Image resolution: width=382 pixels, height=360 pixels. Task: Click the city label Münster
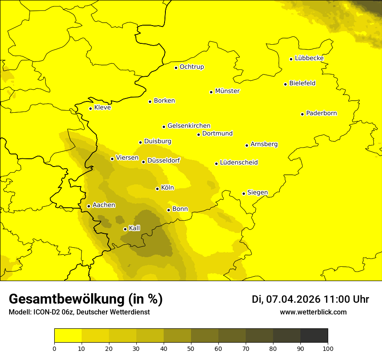[227, 91]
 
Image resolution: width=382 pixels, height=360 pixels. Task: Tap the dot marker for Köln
[157, 189]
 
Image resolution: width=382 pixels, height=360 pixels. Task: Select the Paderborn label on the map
[321, 113]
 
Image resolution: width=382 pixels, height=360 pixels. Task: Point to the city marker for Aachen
[89, 206]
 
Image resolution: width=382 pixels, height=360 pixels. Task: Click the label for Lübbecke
[309, 58]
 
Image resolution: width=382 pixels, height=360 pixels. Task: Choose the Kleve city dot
[90, 108]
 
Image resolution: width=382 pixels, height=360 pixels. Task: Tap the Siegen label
[257, 193]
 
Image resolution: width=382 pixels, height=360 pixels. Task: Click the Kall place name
[135, 228]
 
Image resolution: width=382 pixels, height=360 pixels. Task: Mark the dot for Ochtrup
[176, 67]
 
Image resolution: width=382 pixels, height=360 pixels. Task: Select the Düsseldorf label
[163, 160]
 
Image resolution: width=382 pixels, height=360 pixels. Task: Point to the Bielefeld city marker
[285, 84]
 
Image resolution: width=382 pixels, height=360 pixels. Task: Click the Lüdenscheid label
[239, 163]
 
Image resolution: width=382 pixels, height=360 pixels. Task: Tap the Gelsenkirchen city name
[189, 126]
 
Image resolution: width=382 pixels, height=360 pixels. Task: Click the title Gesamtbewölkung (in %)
[86, 299]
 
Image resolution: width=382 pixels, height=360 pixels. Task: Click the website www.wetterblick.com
[313, 312]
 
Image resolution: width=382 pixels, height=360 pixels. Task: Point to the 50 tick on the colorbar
[191, 348]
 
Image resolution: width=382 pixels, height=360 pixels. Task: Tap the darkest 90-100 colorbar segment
[314, 336]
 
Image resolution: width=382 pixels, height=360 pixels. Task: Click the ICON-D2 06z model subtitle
[79, 312]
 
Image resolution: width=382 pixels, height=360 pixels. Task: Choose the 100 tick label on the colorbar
[328, 348]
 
